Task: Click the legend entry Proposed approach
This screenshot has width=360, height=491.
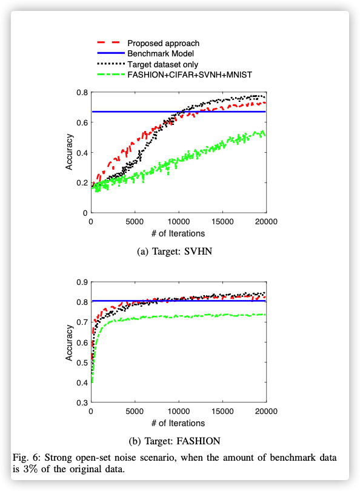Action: tap(163, 43)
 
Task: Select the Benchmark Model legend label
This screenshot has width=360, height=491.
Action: tap(161, 53)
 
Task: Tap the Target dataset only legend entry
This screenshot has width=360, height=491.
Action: tap(163, 64)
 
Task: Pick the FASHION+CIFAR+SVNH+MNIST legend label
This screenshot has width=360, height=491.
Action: tap(190, 75)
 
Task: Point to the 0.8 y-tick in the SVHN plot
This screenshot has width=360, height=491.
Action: tap(82, 93)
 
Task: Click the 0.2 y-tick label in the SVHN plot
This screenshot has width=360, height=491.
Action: tap(82, 183)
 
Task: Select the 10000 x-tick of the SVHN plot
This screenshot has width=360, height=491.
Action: tap(178, 222)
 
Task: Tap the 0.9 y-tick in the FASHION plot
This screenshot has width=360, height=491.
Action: tap(82, 282)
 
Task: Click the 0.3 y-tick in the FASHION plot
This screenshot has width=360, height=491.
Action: tap(82, 402)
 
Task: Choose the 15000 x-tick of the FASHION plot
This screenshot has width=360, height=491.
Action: tap(222, 411)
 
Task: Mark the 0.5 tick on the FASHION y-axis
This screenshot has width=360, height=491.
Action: tap(82, 362)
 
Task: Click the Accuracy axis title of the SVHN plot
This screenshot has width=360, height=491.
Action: tap(69, 152)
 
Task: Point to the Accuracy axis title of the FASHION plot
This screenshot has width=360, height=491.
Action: tap(69, 342)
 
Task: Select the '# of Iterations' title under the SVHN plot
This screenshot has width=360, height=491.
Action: tap(178, 233)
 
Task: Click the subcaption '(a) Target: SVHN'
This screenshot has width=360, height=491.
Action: tap(175, 252)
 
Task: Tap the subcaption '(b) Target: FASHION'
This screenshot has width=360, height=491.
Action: tap(175, 441)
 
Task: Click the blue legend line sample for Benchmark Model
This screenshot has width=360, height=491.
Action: tap(111, 53)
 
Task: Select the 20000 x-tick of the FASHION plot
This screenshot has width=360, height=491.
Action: tap(267, 411)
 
